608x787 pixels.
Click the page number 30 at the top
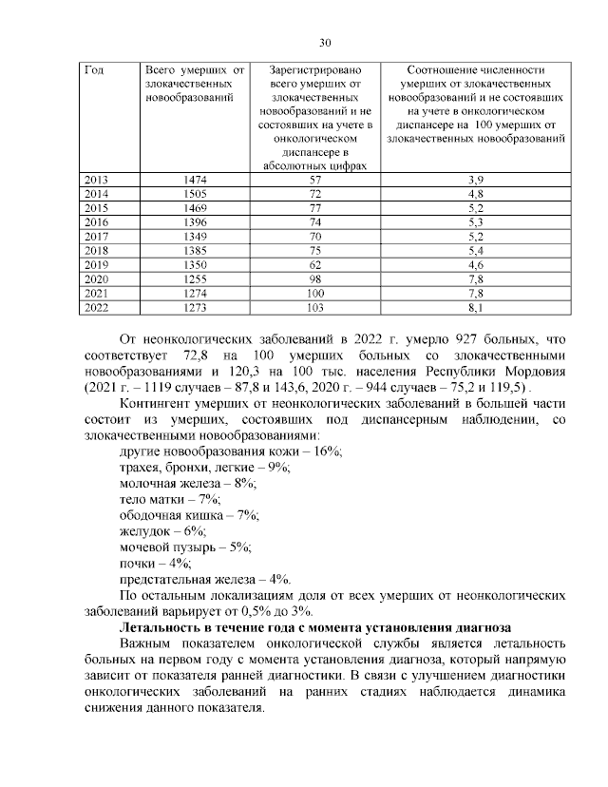click(324, 43)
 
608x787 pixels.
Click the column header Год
click(94, 70)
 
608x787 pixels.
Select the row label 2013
click(97, 180)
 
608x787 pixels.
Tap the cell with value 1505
click(194, 193)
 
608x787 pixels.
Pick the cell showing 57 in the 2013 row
click(316, 180)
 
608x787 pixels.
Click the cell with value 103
click(316, 308)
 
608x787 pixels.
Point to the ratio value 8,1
click(476, 308)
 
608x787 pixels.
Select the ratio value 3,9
click(476, 180)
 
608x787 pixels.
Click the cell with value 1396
click(194, 221)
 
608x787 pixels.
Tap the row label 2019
click(97, 264)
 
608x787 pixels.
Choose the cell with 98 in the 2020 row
click(316, 278)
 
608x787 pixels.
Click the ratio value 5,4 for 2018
click(476, 250)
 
